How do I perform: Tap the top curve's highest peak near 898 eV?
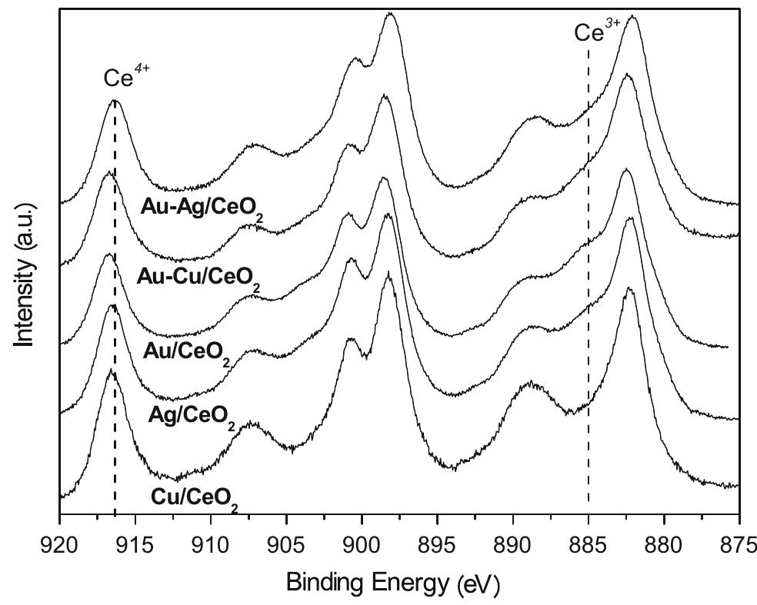[391, 13]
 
